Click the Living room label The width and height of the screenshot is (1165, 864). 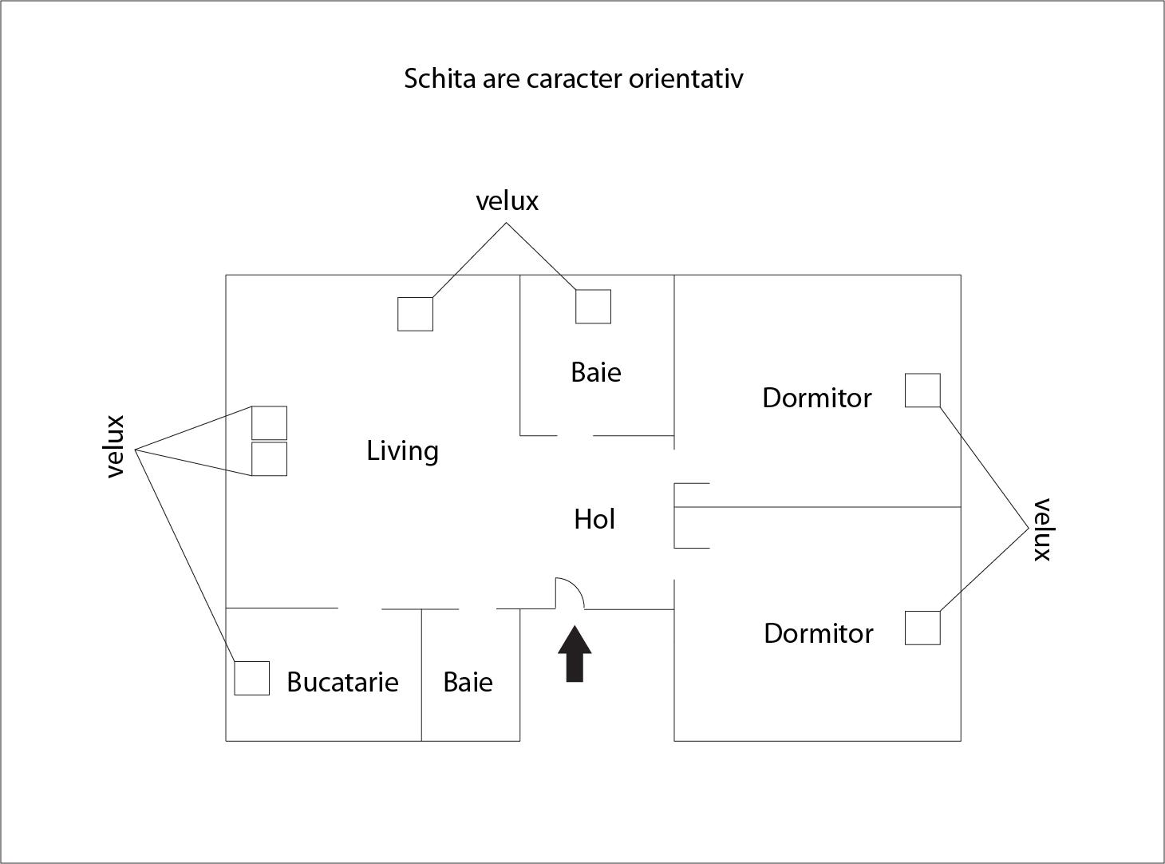(x=402, y=451)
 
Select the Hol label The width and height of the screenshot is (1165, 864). (x=594, y=520)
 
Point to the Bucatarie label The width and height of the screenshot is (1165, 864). (x=342, y=682)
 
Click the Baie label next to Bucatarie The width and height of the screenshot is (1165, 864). (x=468, y=682)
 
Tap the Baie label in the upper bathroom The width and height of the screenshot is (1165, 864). (x=596, y=372)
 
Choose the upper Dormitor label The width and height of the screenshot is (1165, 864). (x=817, y=398)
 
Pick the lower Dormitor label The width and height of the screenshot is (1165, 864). (x=818, y=633)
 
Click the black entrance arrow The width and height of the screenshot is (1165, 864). (x=575, y=654)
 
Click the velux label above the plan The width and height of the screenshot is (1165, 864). (x=507, y=200)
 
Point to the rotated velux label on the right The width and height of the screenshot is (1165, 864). (x=1042, y=530)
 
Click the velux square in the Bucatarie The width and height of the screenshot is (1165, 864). (x=251, y=678)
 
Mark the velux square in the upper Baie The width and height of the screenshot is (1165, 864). (x=593, y=307)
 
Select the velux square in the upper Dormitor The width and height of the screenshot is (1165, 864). (x=922, y=390)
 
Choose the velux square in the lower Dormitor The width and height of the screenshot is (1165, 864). (x=922, y=628)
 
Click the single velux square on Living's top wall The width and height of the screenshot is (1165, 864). (x=415, y=314)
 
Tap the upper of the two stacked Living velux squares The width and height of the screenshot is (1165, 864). (x=269, y=422)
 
